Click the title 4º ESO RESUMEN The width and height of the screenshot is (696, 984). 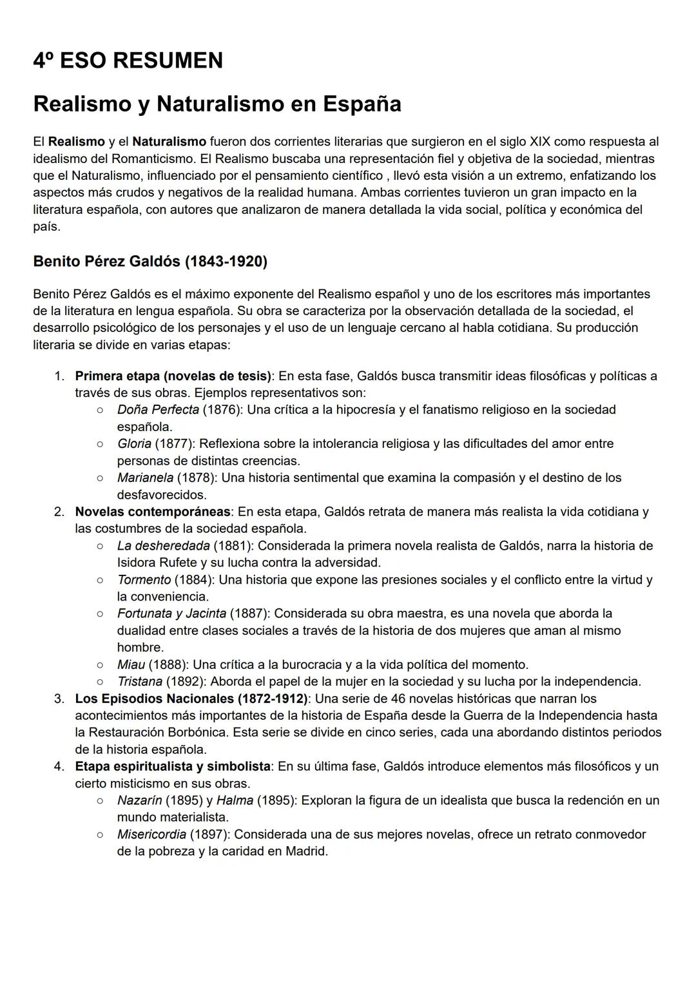[x=128, y=61]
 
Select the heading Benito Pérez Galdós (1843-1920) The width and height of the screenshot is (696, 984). [x=150, y=261]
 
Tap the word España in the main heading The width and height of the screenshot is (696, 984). [x=362, y=104]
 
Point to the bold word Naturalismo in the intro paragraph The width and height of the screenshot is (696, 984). [x=169, y=141]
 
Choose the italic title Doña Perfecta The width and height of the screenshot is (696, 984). [x=158, y=410]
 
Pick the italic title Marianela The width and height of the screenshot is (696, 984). [x=145, y=478]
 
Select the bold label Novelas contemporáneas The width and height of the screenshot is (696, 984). [x=153, y=512]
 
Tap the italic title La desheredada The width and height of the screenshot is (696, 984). [x=163, y=546]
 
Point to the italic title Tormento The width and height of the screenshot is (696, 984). [x=144, y=580]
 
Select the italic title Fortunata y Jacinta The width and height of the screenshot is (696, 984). [x=171, y=613]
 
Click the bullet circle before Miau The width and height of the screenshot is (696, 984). [x=100, y=664]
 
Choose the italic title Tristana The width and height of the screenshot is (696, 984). [x=140, y=682]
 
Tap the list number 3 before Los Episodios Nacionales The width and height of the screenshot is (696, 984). [x=59, y=699]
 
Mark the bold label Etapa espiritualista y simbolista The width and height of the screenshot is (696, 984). [x=173, y=767]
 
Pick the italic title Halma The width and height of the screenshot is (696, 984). [x=235, y=800]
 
